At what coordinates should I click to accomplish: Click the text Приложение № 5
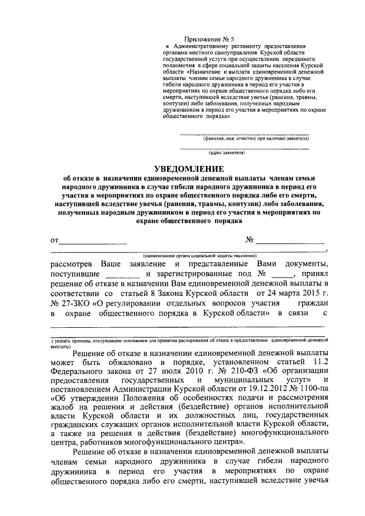click(x=187, y=38)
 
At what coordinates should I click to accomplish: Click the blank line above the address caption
click(x=244, y=148)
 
